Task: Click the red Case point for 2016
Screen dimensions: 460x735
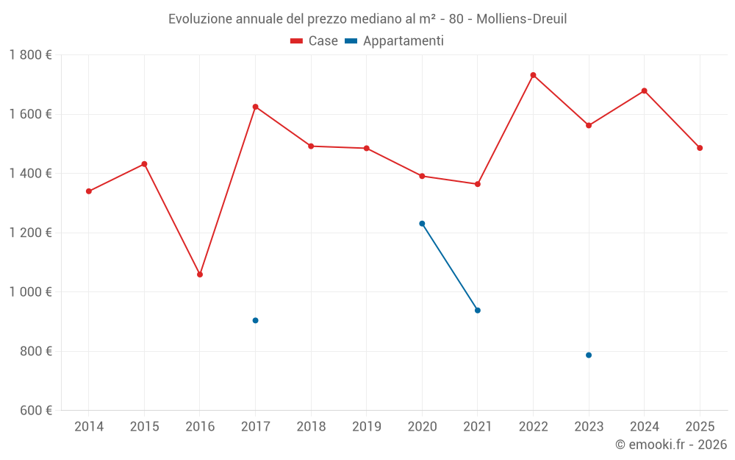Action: point(200,275)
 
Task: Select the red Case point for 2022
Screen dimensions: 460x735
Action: point(533,75)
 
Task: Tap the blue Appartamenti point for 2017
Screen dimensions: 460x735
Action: point(255,320)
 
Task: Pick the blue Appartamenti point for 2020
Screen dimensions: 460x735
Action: point(422,224)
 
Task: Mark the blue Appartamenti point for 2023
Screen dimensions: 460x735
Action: point(589,355)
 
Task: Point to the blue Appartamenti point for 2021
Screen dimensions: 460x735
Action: point(478,311)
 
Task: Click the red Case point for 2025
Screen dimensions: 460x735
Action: point(700,148)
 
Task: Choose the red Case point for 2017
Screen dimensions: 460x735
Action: point(255,107)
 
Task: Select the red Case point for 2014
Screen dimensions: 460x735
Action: point(89,191)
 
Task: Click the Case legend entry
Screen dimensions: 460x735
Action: point(315,41)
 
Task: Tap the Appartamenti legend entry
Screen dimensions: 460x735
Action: point(395,41)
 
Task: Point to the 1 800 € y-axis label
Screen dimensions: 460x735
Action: point(31,55)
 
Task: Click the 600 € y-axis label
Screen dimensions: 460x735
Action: point(35,410)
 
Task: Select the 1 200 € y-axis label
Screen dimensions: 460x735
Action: point(31,233)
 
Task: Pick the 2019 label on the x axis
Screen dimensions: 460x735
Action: point(366,426)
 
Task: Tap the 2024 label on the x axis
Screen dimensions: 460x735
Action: point(644,426)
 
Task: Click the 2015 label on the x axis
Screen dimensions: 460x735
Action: point(144,426)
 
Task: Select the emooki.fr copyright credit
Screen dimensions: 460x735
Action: point(671,445)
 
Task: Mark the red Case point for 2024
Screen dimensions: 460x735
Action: point(645,91)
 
